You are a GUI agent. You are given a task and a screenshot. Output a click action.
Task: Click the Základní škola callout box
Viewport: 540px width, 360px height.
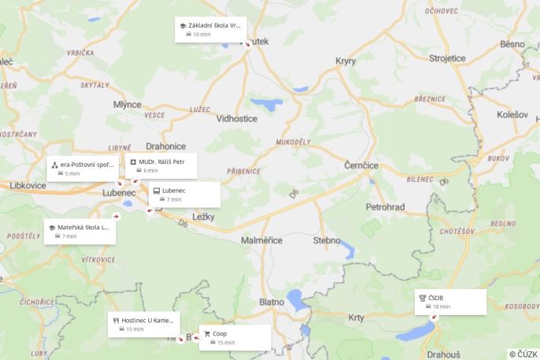tap(210, 30)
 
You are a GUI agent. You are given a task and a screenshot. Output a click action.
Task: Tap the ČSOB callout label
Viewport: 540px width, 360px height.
tap(450, 302)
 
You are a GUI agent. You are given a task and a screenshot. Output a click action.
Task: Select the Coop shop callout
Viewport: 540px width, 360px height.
tap(235, 337)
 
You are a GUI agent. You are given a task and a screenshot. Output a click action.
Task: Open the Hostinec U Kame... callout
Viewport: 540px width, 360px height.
tap(143, 325)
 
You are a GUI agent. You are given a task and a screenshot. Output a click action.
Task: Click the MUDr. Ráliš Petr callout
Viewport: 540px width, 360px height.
tap(161, 165)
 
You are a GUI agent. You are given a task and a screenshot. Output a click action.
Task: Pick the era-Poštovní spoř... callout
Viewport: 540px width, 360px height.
tap(83, 169)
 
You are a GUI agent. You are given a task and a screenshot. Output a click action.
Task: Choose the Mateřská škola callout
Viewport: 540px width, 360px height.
tap(80, 231)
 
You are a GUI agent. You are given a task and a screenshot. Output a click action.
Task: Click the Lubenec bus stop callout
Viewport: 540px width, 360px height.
tap(184, 195)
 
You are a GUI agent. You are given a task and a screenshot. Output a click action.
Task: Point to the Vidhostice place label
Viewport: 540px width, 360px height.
tap(237, 118)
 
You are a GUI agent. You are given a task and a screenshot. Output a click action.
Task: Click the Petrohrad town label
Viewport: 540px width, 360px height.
tap(385, 206)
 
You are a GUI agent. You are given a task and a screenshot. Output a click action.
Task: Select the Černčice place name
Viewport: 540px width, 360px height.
tap(362, 165)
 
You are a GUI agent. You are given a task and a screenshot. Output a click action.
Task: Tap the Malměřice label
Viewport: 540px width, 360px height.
tap(262, 239)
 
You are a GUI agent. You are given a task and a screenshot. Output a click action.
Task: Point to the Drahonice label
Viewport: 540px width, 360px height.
tap(166, 146)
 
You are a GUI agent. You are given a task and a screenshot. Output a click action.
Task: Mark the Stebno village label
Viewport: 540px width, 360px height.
tap(327, 239)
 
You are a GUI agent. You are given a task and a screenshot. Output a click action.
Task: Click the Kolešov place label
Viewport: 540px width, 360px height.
tap(514, 114)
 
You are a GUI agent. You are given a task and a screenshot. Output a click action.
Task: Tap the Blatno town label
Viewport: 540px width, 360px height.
tap(272, 301)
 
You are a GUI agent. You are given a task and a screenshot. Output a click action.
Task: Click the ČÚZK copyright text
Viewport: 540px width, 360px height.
tap(523, 354)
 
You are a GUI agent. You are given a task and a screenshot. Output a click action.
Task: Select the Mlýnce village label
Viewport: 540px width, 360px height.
tap(127, 104)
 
